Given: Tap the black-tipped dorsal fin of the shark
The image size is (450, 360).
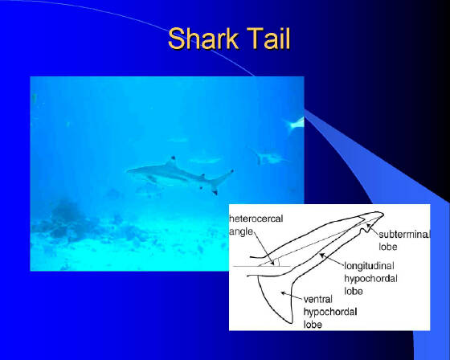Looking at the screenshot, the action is point(171,162).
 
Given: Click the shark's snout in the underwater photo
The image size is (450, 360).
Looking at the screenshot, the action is point(129,171).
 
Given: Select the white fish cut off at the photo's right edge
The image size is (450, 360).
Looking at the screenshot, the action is point(295,125).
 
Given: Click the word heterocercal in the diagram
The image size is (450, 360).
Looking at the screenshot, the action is point(256,219).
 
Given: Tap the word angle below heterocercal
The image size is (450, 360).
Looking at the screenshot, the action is point(241,231).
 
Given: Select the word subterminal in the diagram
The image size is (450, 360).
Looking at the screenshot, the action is point(404,235).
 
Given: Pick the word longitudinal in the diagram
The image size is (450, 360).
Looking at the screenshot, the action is point(369,266).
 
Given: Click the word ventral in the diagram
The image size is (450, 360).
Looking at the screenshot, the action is point(318,300).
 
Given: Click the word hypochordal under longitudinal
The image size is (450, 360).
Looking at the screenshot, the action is point(370,279).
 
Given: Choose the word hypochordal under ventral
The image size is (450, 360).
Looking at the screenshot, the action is point(330,312).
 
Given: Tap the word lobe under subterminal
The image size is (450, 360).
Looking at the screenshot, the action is point(388,247).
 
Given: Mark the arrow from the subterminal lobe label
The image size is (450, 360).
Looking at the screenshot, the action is point(372,229).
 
